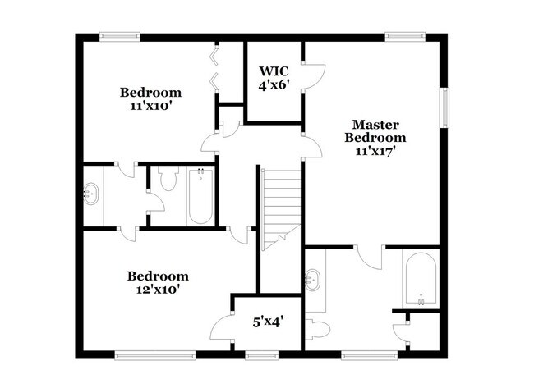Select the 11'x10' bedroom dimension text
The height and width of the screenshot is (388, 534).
[x=150, y=106]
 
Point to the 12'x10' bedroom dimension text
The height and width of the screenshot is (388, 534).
[x=158, y=289]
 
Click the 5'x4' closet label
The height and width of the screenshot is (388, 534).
[x=266, y=322]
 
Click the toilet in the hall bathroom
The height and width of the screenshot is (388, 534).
[x=168, y=180]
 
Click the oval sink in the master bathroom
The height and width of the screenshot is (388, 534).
[x=313, y=278]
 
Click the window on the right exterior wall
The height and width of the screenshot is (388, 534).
[x=446, y=108]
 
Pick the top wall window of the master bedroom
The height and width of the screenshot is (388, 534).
[x=403, y=35]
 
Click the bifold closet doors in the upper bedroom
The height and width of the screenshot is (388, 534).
[x=215, y=68]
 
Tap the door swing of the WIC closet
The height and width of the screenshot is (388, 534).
[x=310, y=75]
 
